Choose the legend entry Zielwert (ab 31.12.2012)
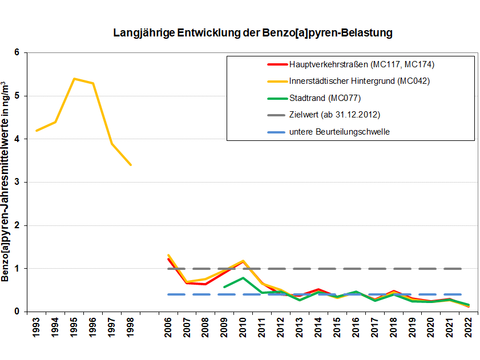pyautogui.click(x=319, y=114)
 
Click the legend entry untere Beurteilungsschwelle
pyautogui.click(x=323, y=131)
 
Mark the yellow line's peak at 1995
pyautogui.click(x=74, y=78)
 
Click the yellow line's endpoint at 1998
pyautogui.click(x=131, y=164)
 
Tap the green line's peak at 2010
pyautogui.click(x=243, y=277)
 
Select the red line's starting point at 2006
pyautogui.click(x=168, y=259)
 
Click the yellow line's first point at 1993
pyautogui.click(x=37, y=130)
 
